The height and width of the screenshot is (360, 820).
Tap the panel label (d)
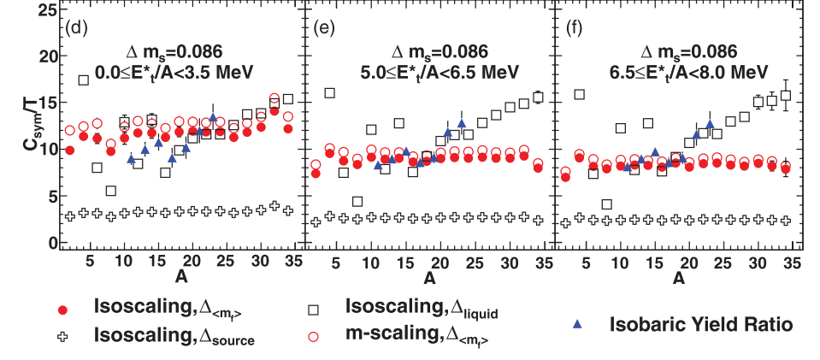78,26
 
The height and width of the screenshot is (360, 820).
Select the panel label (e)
324,26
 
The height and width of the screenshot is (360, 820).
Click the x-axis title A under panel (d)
180,278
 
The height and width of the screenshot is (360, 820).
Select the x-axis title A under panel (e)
428,278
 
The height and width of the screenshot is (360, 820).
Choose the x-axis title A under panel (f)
678,278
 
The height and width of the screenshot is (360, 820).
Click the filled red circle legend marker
61,310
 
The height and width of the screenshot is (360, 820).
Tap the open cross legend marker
61,339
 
